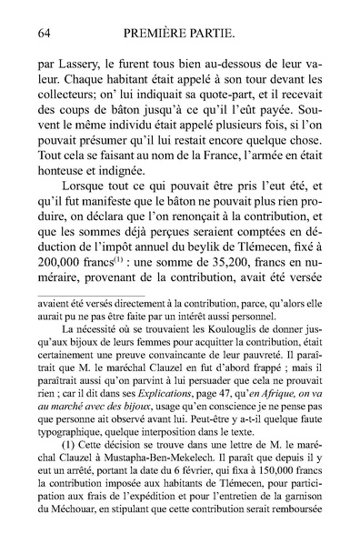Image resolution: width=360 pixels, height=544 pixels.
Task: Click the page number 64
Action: click(44, 34)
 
